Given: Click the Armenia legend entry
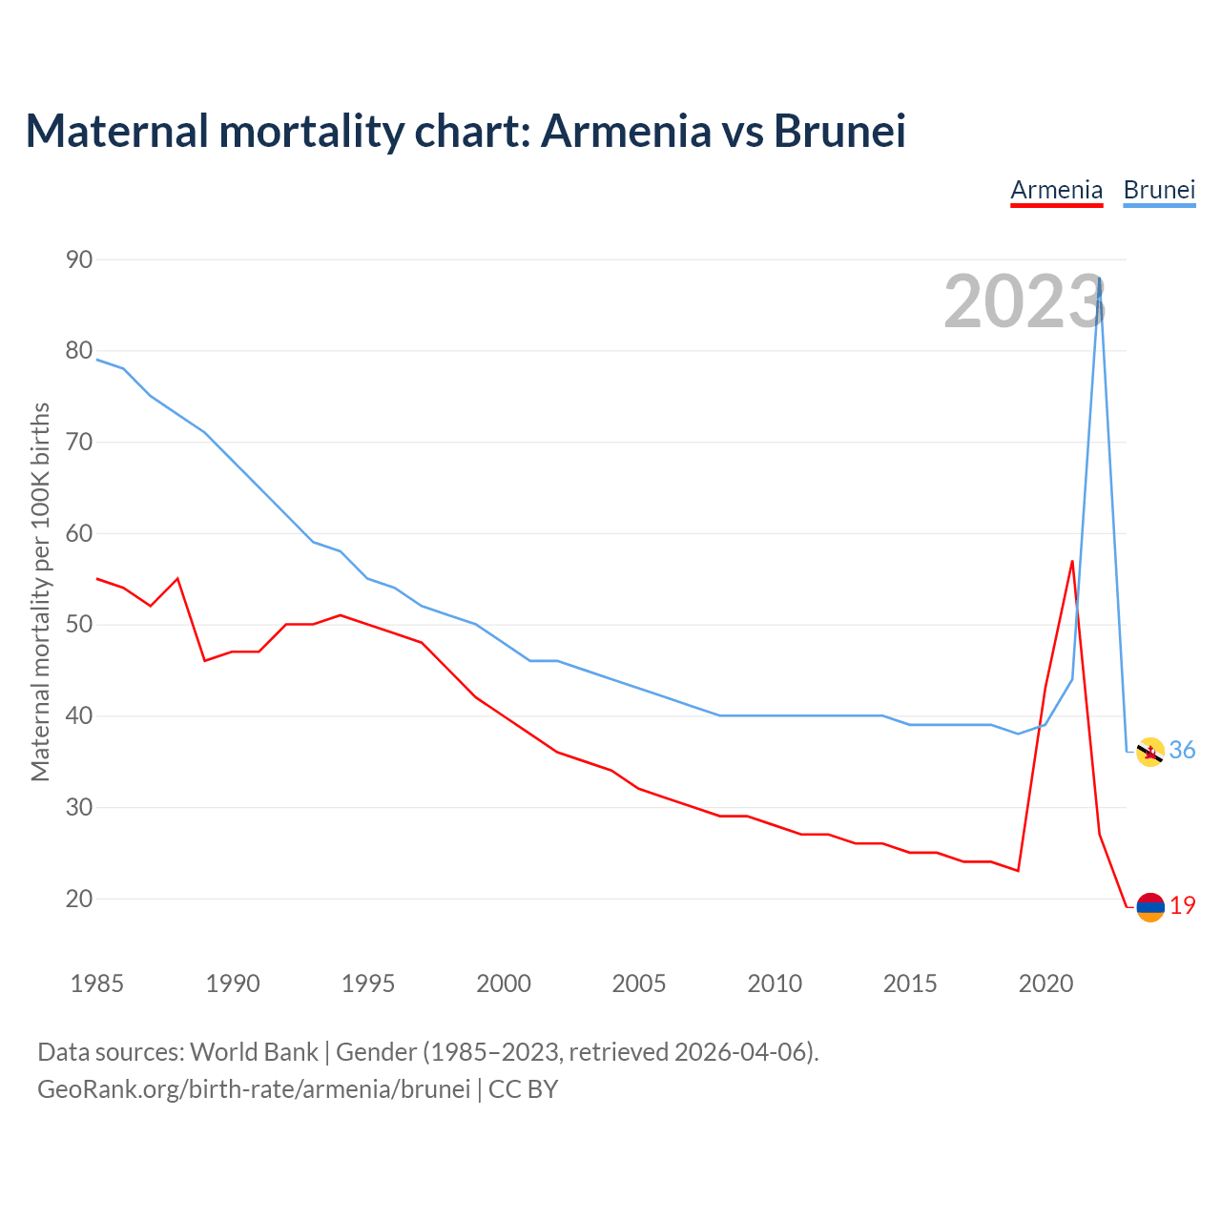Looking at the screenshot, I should (x=1056, y=190).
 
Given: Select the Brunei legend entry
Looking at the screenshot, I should (x=1159, y=190).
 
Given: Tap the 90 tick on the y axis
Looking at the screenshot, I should (x=79, y=259).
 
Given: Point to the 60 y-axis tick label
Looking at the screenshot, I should (x=79, y=533).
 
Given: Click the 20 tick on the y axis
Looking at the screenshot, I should (x=79, y=899).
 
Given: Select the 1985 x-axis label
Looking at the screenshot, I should (x=97, y=983).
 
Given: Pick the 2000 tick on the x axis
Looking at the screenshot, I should (x=504, y=983).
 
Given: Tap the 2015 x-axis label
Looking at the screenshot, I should (x=910, y=983).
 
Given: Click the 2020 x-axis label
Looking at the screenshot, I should (x=1045, y=983).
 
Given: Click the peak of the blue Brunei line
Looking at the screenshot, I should (x=1100, y=279).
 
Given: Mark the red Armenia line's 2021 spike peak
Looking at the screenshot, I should (x=1072, y=561).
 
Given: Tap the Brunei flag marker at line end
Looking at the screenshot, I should (x=1150, y=752).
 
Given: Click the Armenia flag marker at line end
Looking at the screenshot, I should (x=1150, y=907).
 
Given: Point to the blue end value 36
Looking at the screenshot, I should (x=1183, y=751).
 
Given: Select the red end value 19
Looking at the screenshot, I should (x=1183, y=906).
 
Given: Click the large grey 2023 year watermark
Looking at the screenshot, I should (x=1024, y=301).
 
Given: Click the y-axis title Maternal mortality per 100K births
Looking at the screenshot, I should (x=40, y=591).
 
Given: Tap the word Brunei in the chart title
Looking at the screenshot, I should (x=839, y=131).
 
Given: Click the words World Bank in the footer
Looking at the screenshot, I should (x=254, y=1052).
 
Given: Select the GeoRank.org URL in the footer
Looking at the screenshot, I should (x=254, y=1089).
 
